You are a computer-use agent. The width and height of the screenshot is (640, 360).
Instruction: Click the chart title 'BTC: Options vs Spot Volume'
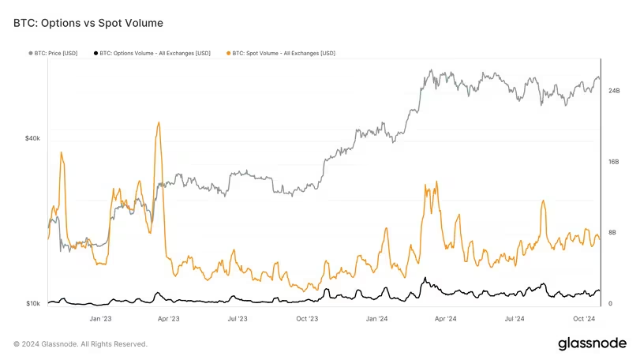[x=88, y=24]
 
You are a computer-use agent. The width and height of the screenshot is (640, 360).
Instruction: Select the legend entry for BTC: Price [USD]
[x=56, y=53]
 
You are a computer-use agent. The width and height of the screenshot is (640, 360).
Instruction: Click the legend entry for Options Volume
[x=158, y=53]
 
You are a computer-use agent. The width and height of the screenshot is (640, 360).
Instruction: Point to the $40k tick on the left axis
[x=32, y=138]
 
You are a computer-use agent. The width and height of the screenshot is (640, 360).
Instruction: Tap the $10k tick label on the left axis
[x=32, y=303]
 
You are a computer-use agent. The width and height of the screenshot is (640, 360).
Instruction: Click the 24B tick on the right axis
[x=613, y=92]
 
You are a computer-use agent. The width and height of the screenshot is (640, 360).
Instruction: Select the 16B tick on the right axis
[x=613, y=162]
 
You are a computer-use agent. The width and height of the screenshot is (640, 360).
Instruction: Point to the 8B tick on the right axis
[x=612, y=233]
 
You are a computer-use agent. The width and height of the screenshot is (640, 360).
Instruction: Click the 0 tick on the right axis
[x=609, y=303]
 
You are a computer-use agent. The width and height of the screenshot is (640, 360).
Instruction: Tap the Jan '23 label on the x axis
[x=100, y=319]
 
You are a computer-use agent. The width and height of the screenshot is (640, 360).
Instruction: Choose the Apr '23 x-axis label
[x=168, y=319]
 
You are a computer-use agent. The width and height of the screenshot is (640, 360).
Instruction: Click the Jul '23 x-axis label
[x=238, y=319]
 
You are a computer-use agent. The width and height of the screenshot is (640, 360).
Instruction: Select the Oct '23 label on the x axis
[x=307, y=319]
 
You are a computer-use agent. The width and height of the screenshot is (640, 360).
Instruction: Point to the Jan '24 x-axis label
[x=376, y=319]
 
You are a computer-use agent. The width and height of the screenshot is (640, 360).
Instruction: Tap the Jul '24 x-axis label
[x=515, y=319]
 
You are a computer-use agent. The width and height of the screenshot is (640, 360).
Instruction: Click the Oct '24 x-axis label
[x=583, y=319]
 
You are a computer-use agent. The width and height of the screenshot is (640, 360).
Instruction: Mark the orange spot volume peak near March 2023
[x=159, y=123]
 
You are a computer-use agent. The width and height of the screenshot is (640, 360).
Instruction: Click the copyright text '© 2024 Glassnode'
[x=80, y=344]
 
